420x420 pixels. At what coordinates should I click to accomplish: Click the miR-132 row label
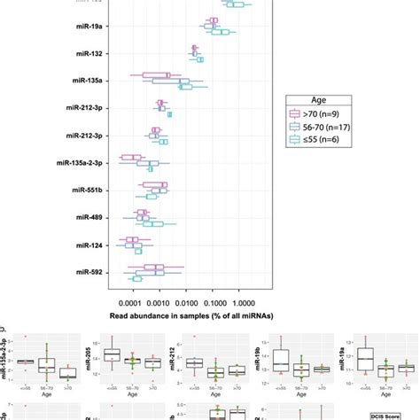click(x=89, y=54)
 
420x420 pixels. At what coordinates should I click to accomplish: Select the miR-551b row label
click(x=88, y=191)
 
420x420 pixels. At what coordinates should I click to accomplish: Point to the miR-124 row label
click(x=89, y=245)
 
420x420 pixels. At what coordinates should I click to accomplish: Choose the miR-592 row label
click(x=89, y=272)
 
